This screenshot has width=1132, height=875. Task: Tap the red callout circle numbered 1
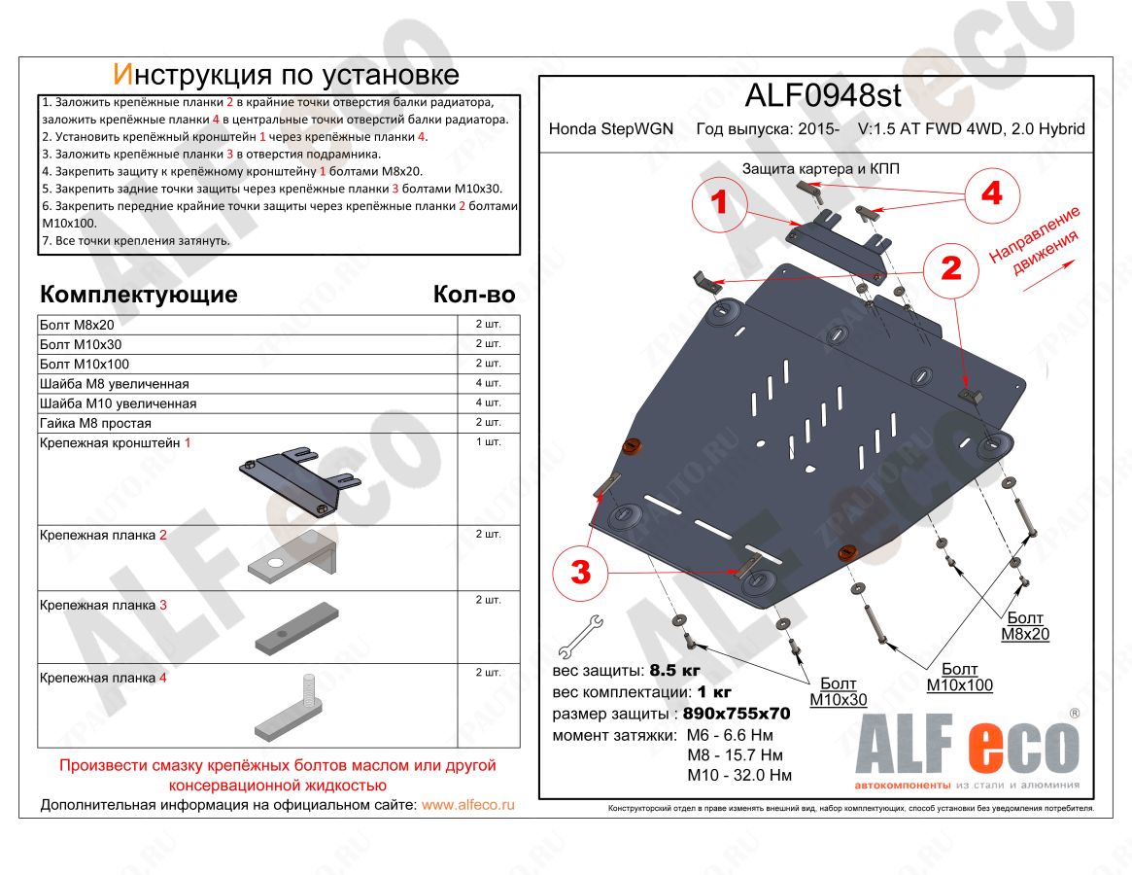pyautogui.click(x=720, y=202)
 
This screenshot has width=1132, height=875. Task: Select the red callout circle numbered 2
pyautogui.click(x=951, y=268)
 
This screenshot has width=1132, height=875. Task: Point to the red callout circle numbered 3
pyautogui.click(x=580, y=573)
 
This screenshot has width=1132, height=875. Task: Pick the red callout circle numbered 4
pyautogui.click(x=990, y=193)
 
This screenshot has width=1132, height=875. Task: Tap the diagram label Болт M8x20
pyautogui.click(x=1025, y=626)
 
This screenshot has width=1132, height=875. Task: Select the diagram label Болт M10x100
pyautogui.click(x=959, y=678)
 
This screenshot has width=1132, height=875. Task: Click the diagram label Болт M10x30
pyautogui.click(x=839, y=691)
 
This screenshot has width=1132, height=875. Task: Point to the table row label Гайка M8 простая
pyautogui.click(x=95, y=423)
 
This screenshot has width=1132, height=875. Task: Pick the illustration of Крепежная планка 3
pyautogui.click(x=296, y=628)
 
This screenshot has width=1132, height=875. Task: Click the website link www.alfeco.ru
pyautogui.click(x=468, y=805)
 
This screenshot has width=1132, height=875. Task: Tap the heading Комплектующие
pyautogui.click(x=138, y=295)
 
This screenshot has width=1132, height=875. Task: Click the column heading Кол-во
pyautogui.click(x=473, y=295)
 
